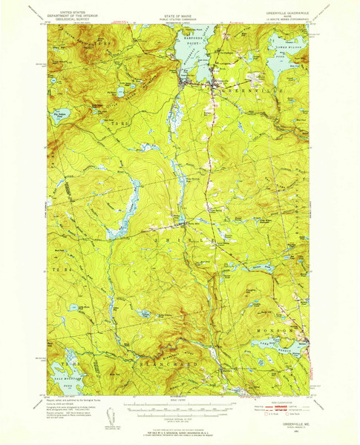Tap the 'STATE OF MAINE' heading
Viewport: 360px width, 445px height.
tap(180, 8)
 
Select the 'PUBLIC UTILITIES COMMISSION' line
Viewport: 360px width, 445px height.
tap(180, 13)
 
